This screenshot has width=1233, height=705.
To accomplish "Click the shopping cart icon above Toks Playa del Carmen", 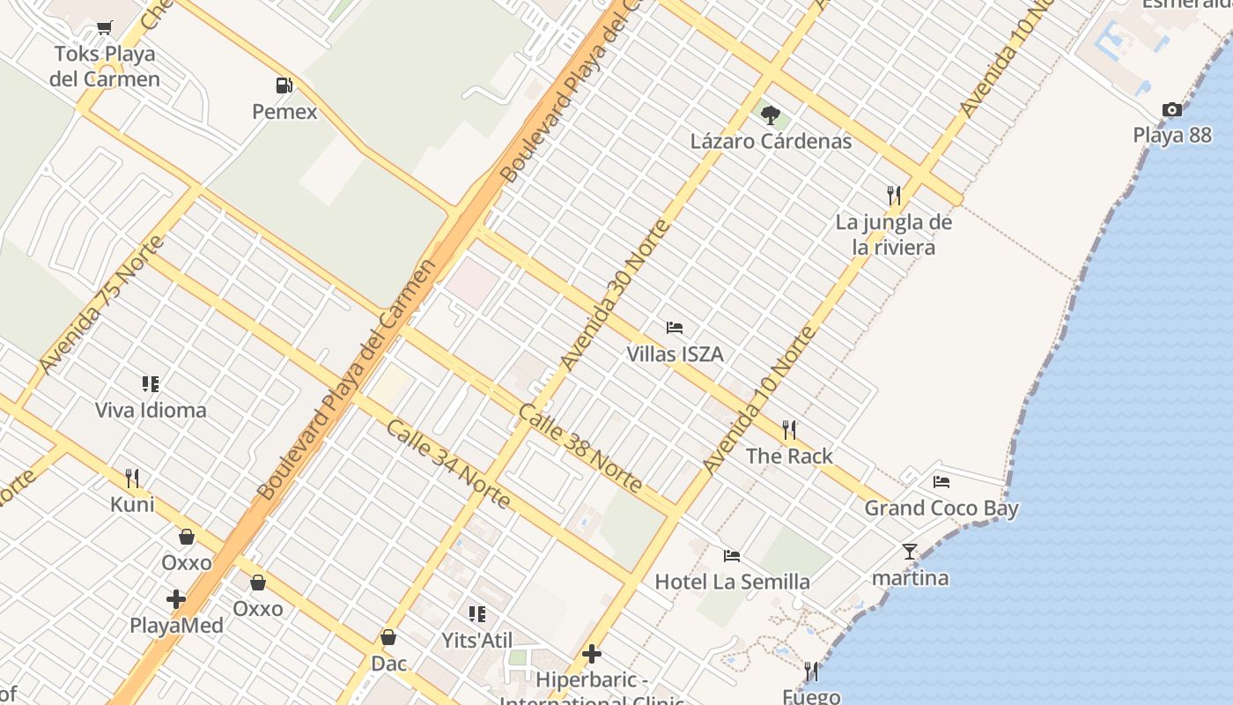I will [105, 28].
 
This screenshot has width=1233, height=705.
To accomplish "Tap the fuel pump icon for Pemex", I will [284, 85].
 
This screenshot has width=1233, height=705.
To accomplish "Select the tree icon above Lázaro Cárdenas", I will [771, 115].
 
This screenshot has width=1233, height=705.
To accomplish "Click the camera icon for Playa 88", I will [1171, 110].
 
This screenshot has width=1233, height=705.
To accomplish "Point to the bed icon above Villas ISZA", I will [675, 328].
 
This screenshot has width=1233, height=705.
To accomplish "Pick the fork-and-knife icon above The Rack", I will [789, 430].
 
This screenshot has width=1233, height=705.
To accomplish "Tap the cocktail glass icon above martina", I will [910, 552].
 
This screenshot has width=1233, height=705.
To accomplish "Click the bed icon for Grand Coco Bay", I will [941, 482].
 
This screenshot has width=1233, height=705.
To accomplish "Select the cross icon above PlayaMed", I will [176, 599].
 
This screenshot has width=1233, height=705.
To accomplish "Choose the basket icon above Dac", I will [388, 637].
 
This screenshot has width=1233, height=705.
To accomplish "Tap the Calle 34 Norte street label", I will [448, 464].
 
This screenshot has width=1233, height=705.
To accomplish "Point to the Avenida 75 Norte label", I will [101, 304].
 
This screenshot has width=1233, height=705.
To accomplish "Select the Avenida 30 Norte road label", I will [616, 295].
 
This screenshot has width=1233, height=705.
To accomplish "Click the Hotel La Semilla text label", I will [732, 582].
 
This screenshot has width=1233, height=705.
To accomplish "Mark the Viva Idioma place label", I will [151, 410].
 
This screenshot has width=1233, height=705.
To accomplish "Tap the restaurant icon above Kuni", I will [132, 479].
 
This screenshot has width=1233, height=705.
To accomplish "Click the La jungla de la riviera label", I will [894, 234].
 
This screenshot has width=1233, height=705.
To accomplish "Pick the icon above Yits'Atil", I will [476, 614].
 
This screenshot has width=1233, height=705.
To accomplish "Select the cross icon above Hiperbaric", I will [592, 654].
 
